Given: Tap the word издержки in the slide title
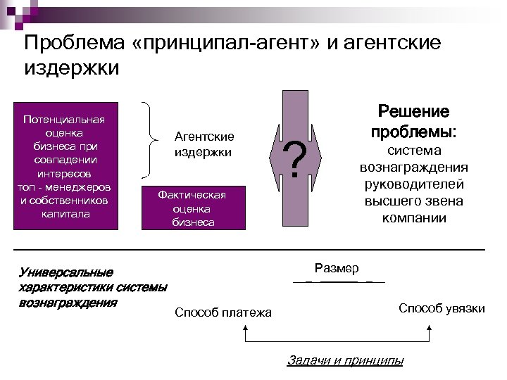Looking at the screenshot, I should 72,69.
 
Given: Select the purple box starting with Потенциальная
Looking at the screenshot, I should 64,166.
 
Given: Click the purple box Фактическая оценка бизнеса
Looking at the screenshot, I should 193,208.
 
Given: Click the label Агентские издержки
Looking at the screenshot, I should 204,144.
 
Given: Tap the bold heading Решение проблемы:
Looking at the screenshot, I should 414,122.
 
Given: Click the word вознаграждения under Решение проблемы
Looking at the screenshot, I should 414,167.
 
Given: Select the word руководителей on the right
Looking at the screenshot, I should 414,184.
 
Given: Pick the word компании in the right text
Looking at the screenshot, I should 414,217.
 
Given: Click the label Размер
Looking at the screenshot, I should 337,268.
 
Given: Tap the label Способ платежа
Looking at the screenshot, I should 223,312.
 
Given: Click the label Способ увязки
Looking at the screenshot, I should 442,308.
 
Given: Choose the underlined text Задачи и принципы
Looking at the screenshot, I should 346,360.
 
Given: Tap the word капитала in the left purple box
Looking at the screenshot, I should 64,213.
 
